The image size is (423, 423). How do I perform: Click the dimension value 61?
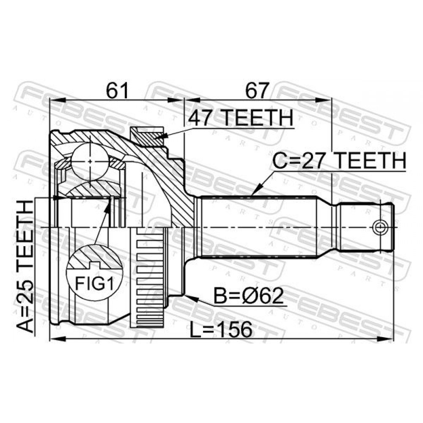click(x=117, y=90)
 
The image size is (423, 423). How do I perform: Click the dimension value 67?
click(x=257, y=90)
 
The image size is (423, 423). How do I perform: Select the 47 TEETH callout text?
click(x=241, y=118)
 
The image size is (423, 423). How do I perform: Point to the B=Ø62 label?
click(x=249, y=296)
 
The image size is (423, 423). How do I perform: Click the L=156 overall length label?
click(x=221, y=330)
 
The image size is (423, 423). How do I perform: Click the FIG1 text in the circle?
click(x=94, y=283)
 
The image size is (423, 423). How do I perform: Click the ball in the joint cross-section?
click(x=90, y=161)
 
